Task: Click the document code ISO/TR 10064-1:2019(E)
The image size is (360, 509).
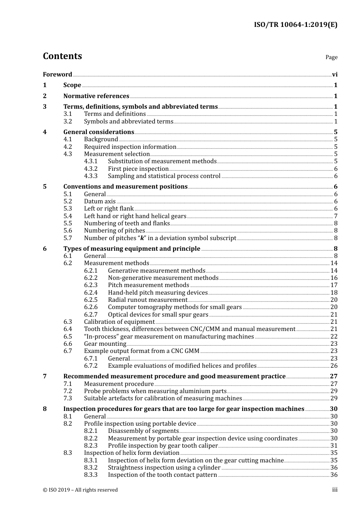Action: click(x=295, y=25)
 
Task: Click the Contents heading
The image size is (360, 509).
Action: click(x=62, y=56)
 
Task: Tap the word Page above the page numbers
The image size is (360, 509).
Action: click(x=331, y=57)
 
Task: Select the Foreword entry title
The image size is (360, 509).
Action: click(x=57, y=75)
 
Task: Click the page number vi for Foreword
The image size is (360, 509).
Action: click(x=335, y=75)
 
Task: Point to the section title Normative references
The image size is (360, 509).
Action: click(x=96, y=96)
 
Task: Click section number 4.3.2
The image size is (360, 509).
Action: click(x=91, y=169)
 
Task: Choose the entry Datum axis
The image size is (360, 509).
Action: click(x=100, y=201)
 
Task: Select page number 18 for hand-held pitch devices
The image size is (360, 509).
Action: click(x=334, y=293)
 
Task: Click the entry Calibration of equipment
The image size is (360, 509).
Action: click(x=119, y=322)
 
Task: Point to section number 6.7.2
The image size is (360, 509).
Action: click(x=91, y=366)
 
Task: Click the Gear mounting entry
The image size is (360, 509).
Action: click(x=105, y=344)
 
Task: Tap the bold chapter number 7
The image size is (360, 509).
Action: click(x=45, y=376)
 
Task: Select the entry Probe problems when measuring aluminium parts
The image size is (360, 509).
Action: click(x=155, y=391)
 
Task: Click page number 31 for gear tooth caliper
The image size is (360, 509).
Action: click(x=334, y=446)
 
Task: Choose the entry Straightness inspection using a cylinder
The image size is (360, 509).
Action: click(x=164, y=468)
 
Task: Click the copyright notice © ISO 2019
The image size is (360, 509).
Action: click(x=80, y=490)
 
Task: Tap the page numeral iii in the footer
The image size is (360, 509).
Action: click(x=335, y=490)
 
